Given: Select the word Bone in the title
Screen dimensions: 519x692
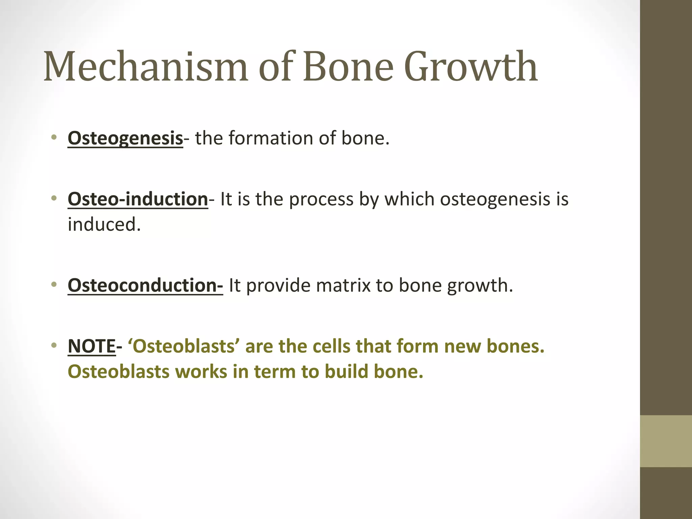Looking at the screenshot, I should [348, 67].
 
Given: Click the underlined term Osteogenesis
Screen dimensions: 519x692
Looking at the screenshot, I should [125, 139].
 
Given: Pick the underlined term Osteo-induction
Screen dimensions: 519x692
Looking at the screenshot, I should [138, 199].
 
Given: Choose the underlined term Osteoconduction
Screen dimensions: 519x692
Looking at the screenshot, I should [145, 286].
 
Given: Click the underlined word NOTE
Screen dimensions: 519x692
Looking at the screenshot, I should [92, 346].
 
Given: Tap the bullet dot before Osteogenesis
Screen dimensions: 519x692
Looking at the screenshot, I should [53, 138].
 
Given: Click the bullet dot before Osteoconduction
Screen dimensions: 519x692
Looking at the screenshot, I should [53, 285].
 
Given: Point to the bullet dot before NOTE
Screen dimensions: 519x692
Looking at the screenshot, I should [53, 346].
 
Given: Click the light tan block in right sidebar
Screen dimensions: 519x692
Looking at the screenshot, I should [666, 441].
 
